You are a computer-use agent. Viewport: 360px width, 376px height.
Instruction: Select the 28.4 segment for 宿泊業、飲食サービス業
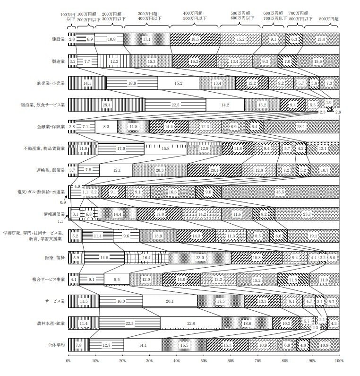coord(107,104)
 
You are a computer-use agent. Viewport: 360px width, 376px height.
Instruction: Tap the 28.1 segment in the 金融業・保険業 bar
coord(301,126)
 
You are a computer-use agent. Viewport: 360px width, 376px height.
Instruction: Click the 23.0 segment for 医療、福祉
coord(200,257)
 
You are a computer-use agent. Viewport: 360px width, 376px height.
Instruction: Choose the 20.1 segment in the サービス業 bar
coord(170,301)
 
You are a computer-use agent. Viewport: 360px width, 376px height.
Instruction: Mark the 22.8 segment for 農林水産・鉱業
coord(191,323)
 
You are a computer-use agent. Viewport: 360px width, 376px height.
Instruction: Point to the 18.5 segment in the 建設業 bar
coord(195,39)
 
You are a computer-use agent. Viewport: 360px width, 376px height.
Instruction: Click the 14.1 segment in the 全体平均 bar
coord(143,345)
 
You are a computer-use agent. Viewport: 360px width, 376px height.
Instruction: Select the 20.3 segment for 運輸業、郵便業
coord(160,170)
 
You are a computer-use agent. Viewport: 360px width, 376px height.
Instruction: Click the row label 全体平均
coord(55,345)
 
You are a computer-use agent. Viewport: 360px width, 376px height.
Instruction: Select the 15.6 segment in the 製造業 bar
coord(318,61)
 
